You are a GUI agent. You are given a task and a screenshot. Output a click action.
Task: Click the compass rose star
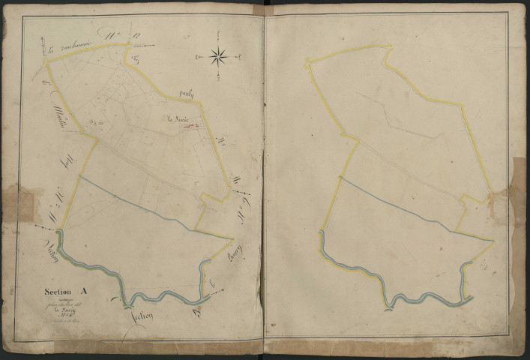coord(218,55)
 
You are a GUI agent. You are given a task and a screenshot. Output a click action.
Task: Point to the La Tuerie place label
coord(178,118)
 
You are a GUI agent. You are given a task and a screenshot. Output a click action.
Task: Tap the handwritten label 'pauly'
coord(187,94)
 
